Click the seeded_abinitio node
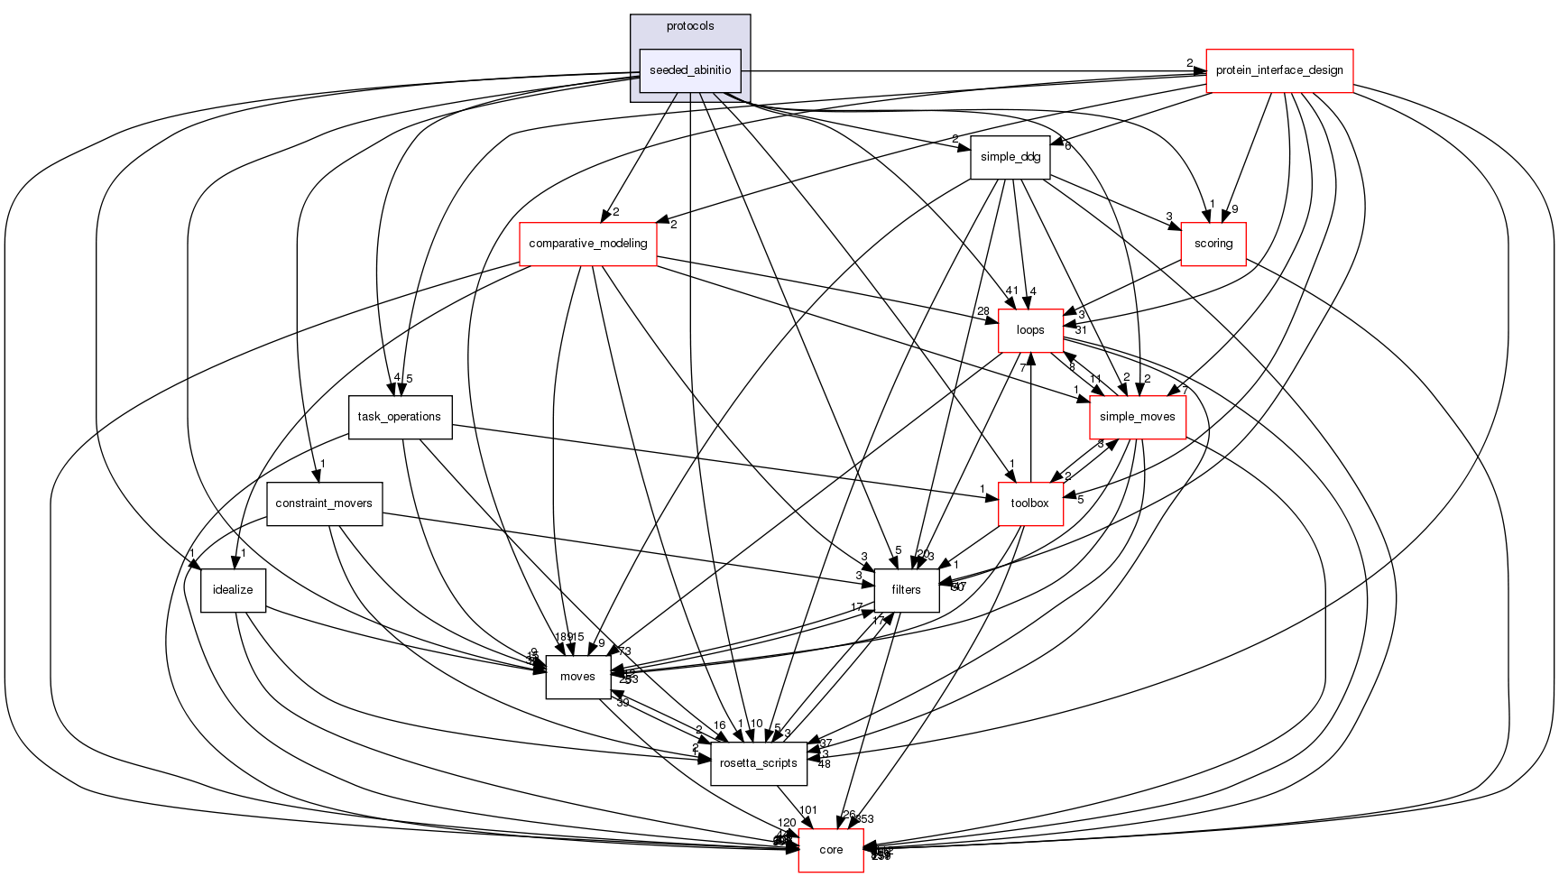point(690,70)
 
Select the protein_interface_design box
point(1279,70)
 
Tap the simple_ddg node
point(1010,157)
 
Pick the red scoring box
point(1213,244)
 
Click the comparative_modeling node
point(587,244)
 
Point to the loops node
point(1029,330)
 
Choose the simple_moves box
point(1137,417)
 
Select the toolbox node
point(1029,503)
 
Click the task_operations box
point(399,417)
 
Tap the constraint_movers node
point(324,503)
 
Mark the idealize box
point(232,590)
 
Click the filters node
point(906,590)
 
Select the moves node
point(577,677)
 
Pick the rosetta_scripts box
point(758,763)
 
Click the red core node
point(831,850)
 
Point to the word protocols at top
point(690,26)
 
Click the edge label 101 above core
point(807,810)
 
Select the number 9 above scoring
point(1235,209)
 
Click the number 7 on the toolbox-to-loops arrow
point(1023,368)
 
